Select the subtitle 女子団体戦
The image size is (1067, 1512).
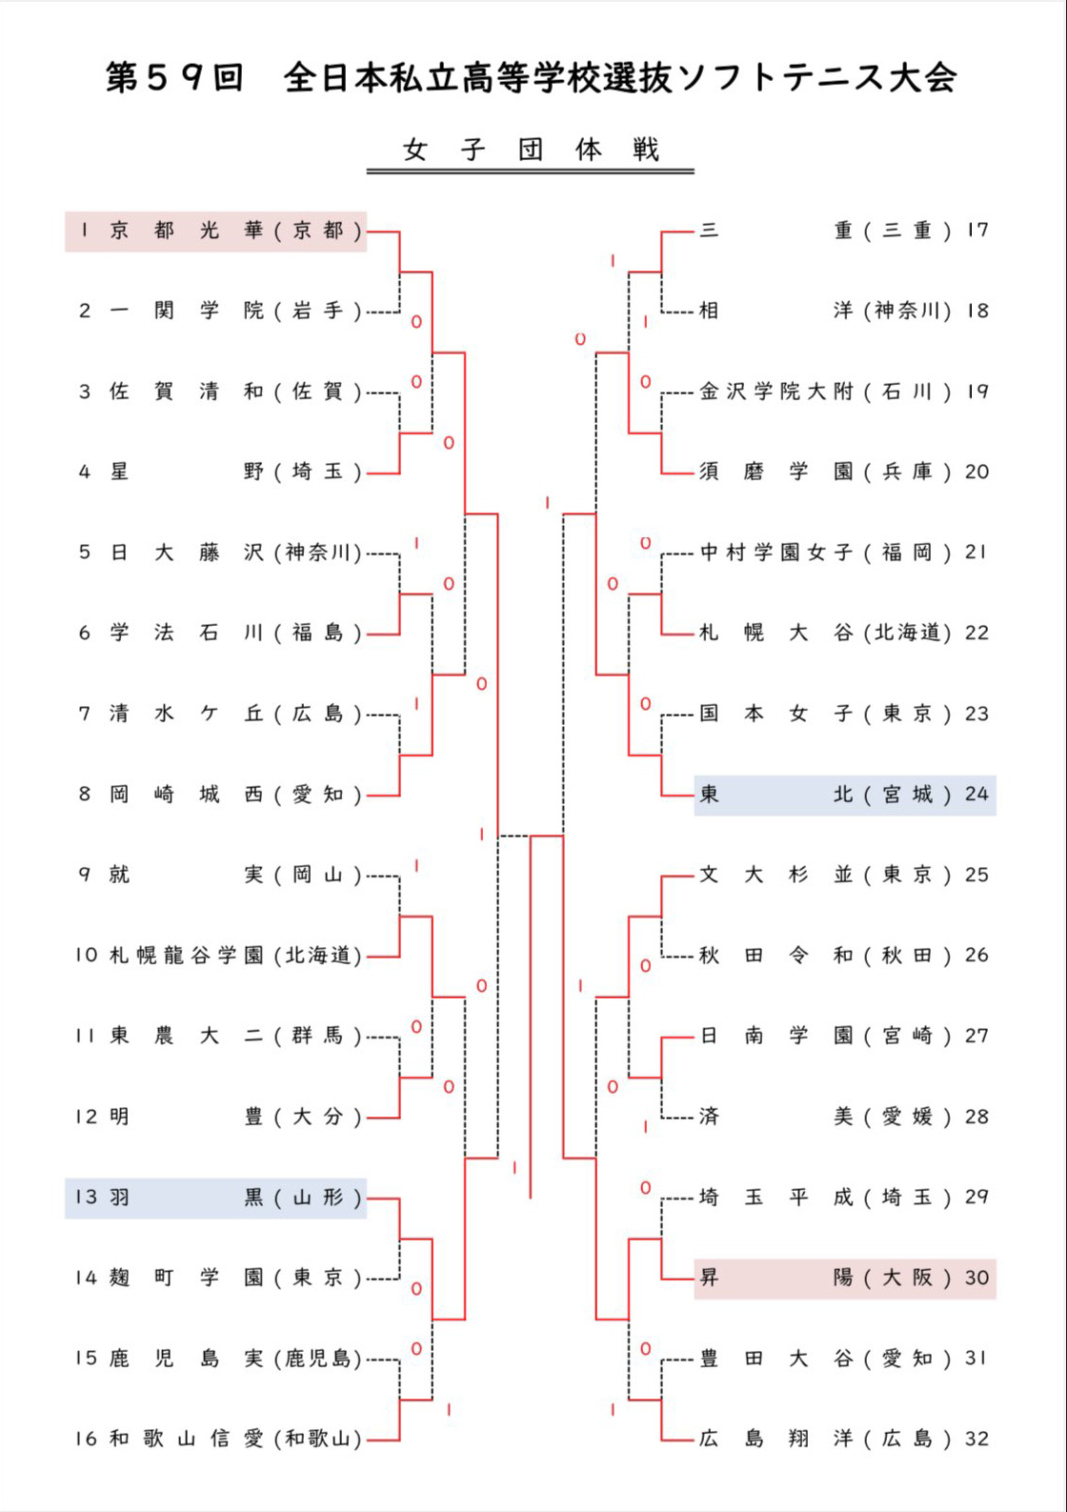click(531, 150)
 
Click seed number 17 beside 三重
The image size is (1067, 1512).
click(976, 231)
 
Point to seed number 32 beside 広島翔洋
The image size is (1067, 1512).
click(976, 1439)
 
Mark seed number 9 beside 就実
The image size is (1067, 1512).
click(85, 875)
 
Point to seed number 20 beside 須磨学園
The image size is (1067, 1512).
click(976, 472)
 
